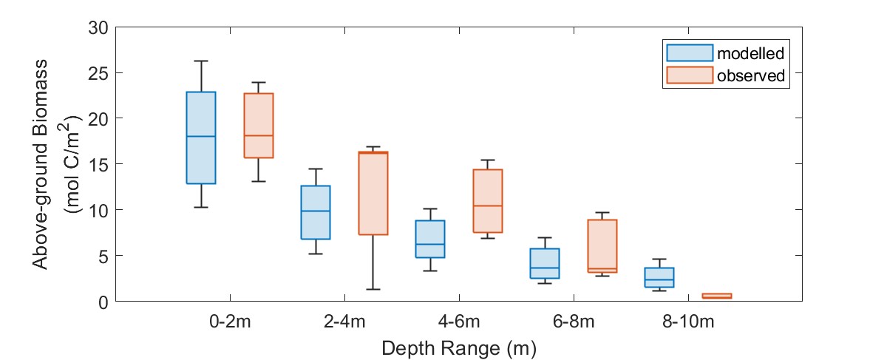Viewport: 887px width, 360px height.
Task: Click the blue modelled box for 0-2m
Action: click(x=200, y=137)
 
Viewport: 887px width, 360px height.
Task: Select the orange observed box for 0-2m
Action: click(x=259, y=126)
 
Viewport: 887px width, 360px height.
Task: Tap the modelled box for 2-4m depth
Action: click(x=315, y=212)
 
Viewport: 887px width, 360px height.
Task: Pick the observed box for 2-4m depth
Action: click(x=373, y=193)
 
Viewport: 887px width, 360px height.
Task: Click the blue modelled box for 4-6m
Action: click(x=429, y=239)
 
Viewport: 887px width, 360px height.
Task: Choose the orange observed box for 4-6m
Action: click(x=488, y=201)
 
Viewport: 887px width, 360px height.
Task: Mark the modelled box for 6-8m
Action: click(x=545, y=263)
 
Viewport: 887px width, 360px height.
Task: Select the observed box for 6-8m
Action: click(x=602, y=246)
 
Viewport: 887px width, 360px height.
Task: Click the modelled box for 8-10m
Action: click(x=659, y=277)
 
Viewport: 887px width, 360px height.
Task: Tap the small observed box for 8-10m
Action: click(x=717, y=296)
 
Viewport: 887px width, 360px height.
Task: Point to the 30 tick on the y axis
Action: click(x=98, y=27)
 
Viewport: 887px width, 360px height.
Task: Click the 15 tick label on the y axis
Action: click(x=98, y=164)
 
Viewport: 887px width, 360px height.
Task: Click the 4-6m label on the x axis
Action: click(x=458, y=322)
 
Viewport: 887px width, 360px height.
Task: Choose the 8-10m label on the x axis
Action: click(x=687, y=322)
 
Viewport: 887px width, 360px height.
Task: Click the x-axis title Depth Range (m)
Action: click(x=458, y=347)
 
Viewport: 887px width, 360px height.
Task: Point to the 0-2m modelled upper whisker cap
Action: click(x=200, y=61)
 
